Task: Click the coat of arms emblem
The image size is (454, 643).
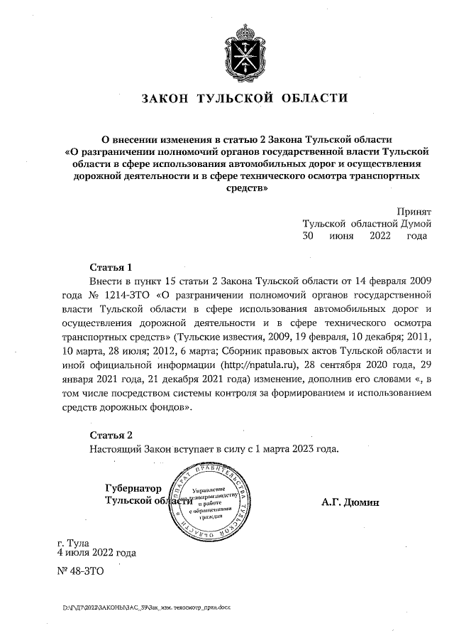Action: [x=245, y=47]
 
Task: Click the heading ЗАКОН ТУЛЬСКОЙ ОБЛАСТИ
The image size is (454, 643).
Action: [x=245, y=97]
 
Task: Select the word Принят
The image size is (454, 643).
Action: [x=414, y=211]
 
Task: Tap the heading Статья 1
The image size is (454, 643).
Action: [x=111, y=268]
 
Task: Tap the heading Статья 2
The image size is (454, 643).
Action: [x=111, y=435]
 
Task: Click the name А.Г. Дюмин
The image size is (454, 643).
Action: [x=350, y=502]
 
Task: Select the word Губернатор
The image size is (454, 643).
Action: [x=133, y=489]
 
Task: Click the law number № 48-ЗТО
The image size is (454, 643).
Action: [x=79, y=571]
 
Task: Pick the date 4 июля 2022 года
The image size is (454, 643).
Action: [x=96, y=552]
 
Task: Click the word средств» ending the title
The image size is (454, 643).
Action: [x=245, y=189]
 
